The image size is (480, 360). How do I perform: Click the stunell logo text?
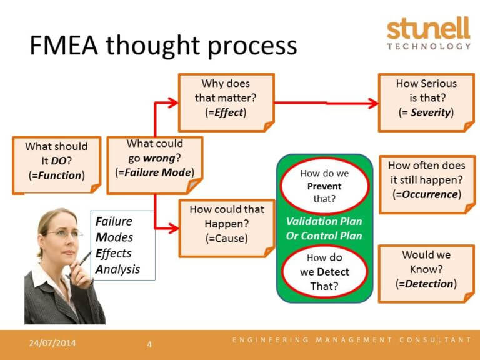tap(428, 29)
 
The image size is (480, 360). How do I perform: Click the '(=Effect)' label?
tap(226, 113)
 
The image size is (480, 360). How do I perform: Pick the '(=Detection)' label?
tap(426, 284)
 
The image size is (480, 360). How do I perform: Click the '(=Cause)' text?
tap(226, 238)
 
